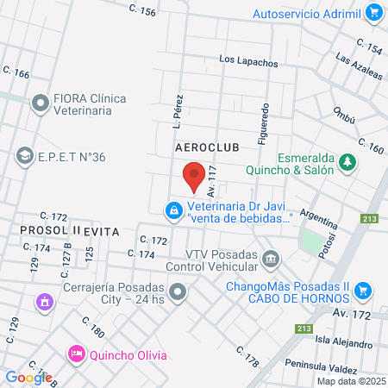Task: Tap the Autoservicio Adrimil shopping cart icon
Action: (x=373, y=13)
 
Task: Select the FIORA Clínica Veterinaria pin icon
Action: (x=40, y=104)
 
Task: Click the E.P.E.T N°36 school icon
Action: (x=24, y=156)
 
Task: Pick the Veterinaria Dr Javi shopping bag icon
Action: (x=174, y=210)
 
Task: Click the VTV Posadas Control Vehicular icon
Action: (x=271, y=259)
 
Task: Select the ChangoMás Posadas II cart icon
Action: (x=362, y=290)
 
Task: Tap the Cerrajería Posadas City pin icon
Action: (x=178, y=293)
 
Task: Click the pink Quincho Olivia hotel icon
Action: (x=76, y=354)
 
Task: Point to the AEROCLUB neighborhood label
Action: (x=206, y=148)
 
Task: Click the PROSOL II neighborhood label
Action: (x=50, y=231)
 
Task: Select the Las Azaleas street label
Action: (x=358, y=66)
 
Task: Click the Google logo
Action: (x=28, y=377)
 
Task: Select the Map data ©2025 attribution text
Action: (x=350, y=381)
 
